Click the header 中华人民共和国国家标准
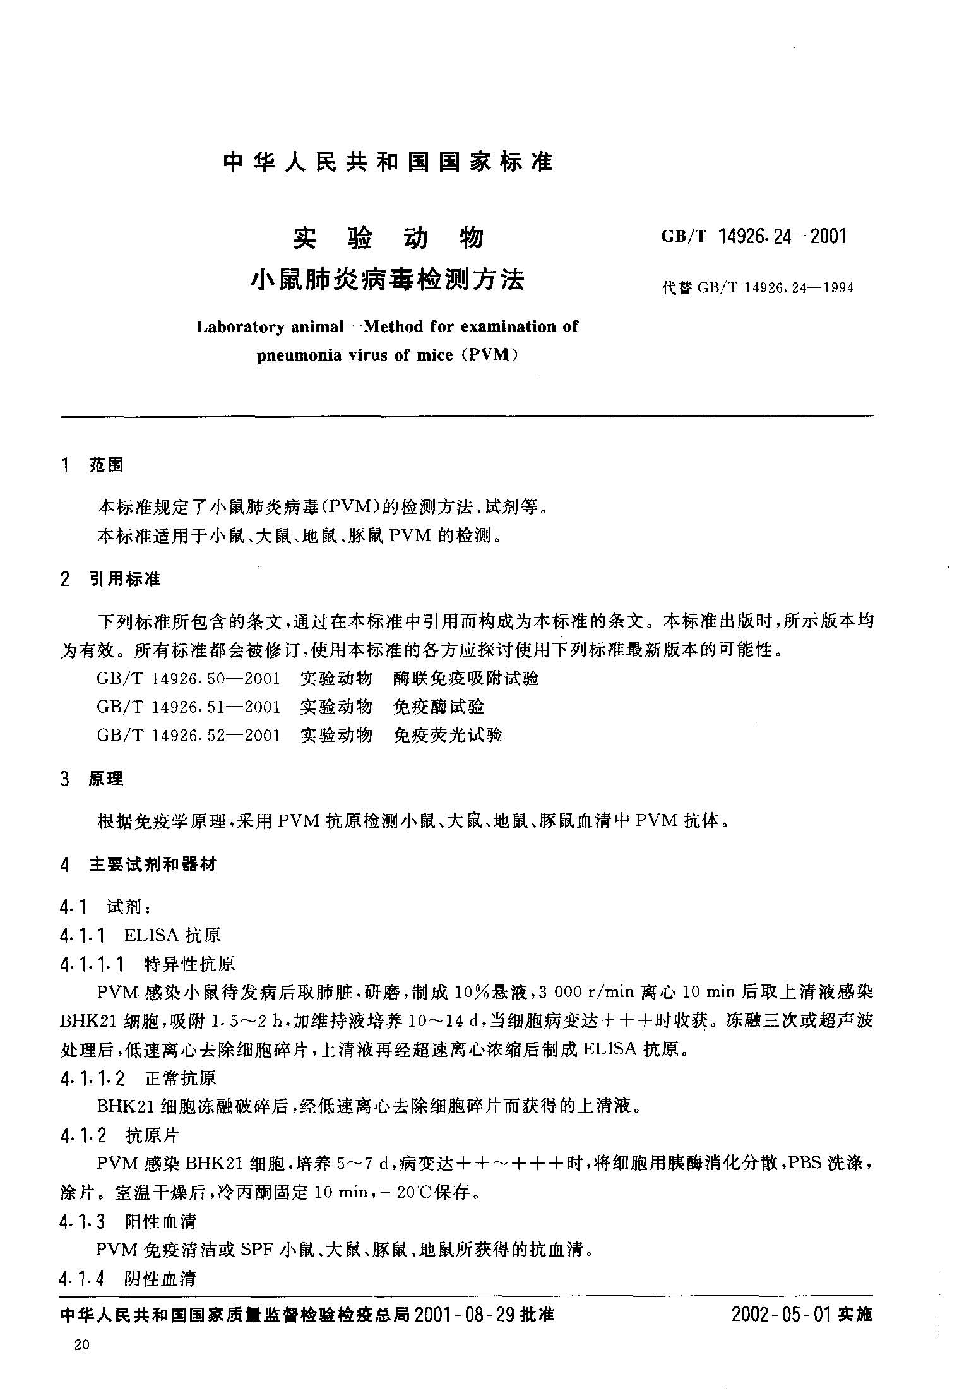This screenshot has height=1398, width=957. point(388,162)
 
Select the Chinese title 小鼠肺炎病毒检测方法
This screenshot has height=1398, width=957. point(388,278)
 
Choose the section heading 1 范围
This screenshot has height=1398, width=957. point(92,466)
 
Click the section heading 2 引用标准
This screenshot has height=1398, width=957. point(110,578)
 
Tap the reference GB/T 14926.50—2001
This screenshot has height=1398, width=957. point(188,679)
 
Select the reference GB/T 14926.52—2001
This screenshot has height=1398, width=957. point(188,735)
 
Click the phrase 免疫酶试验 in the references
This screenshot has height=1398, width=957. point(438,707)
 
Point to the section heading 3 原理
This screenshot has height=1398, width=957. point(92,779)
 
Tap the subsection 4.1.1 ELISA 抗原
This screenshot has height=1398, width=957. point(140,935)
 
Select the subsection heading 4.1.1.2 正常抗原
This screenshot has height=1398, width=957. point(138,1078)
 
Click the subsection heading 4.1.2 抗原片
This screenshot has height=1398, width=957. point(120,1136)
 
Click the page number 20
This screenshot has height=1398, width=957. point(82,1344)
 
